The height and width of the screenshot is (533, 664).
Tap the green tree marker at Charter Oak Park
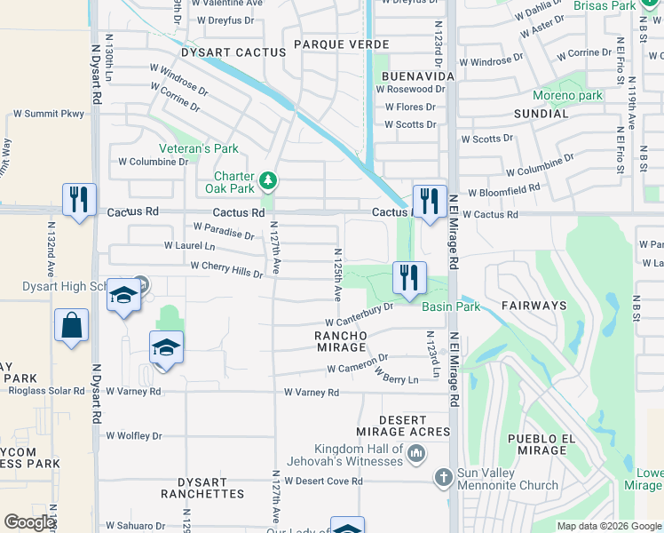(x=268, y=183)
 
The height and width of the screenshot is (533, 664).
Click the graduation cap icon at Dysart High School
(x=124, y=296)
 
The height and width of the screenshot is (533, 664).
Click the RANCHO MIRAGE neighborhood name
(x=342, y=341)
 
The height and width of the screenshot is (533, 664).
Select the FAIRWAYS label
(x=534, y=305)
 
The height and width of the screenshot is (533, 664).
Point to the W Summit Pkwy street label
(x=49, y=115)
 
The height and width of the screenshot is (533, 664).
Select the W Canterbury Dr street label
(x=360, y=314)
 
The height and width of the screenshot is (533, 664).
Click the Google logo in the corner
(x=29, y=522)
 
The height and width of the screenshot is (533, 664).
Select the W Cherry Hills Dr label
(x=226, y=269)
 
